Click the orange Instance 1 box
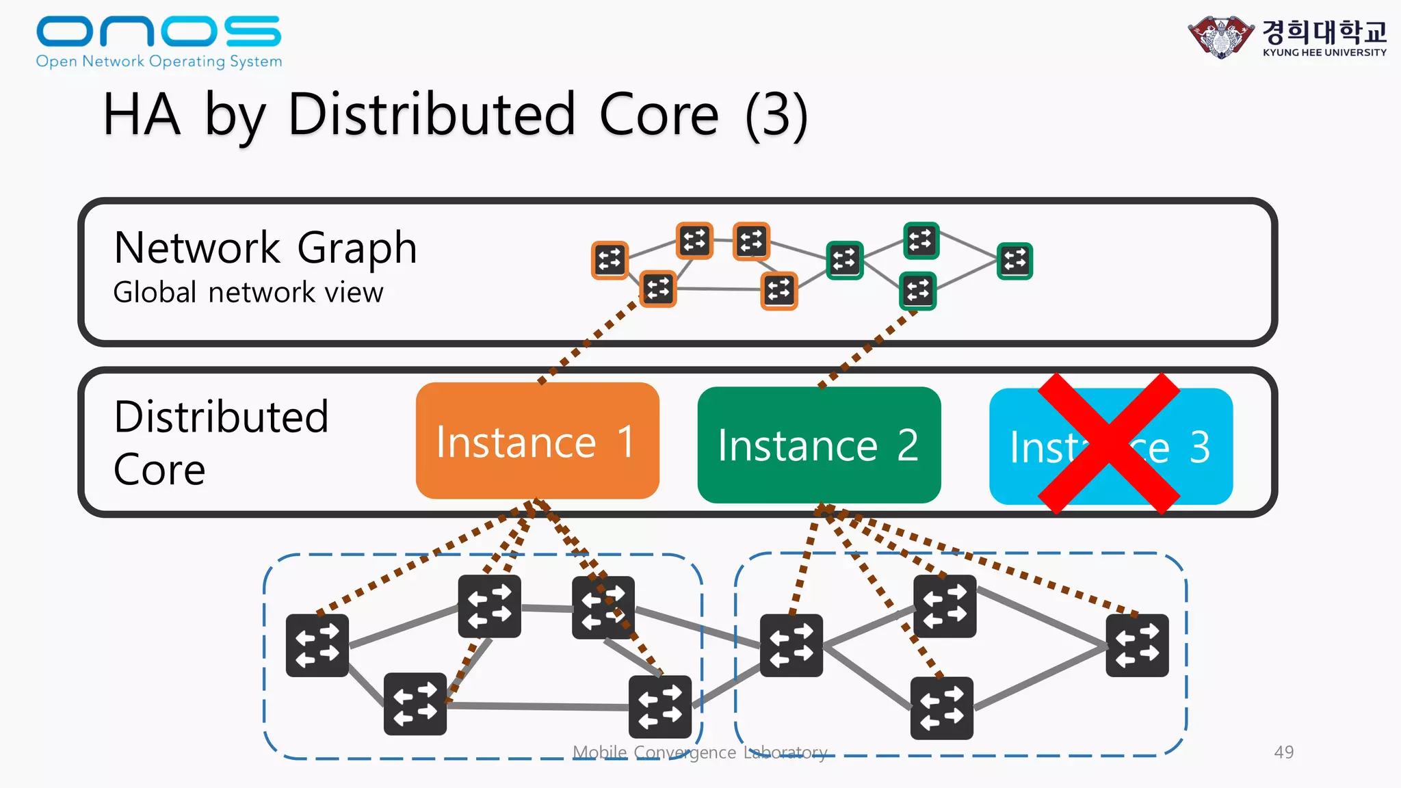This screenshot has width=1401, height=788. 537,441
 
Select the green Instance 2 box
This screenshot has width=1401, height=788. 819,445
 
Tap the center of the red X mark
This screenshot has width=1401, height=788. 1109,444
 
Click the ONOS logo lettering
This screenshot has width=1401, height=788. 159,31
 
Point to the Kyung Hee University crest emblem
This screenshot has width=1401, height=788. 1222,37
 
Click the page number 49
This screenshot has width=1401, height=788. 1283,752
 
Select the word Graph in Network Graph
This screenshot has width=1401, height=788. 356,248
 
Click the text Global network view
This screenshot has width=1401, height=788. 248,293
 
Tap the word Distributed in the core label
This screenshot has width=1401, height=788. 221,417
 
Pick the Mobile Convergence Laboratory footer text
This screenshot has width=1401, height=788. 700,752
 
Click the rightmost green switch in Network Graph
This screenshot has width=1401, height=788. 1014,261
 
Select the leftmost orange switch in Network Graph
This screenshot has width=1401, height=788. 609,260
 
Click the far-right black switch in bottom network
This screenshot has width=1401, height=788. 1137,645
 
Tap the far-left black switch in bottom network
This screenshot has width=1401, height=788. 317,645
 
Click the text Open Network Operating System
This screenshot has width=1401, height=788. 159,62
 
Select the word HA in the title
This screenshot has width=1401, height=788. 142,115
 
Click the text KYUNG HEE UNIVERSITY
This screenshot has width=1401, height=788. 1324,53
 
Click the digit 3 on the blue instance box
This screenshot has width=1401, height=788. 1199,447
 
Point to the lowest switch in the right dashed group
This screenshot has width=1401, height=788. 941,708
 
